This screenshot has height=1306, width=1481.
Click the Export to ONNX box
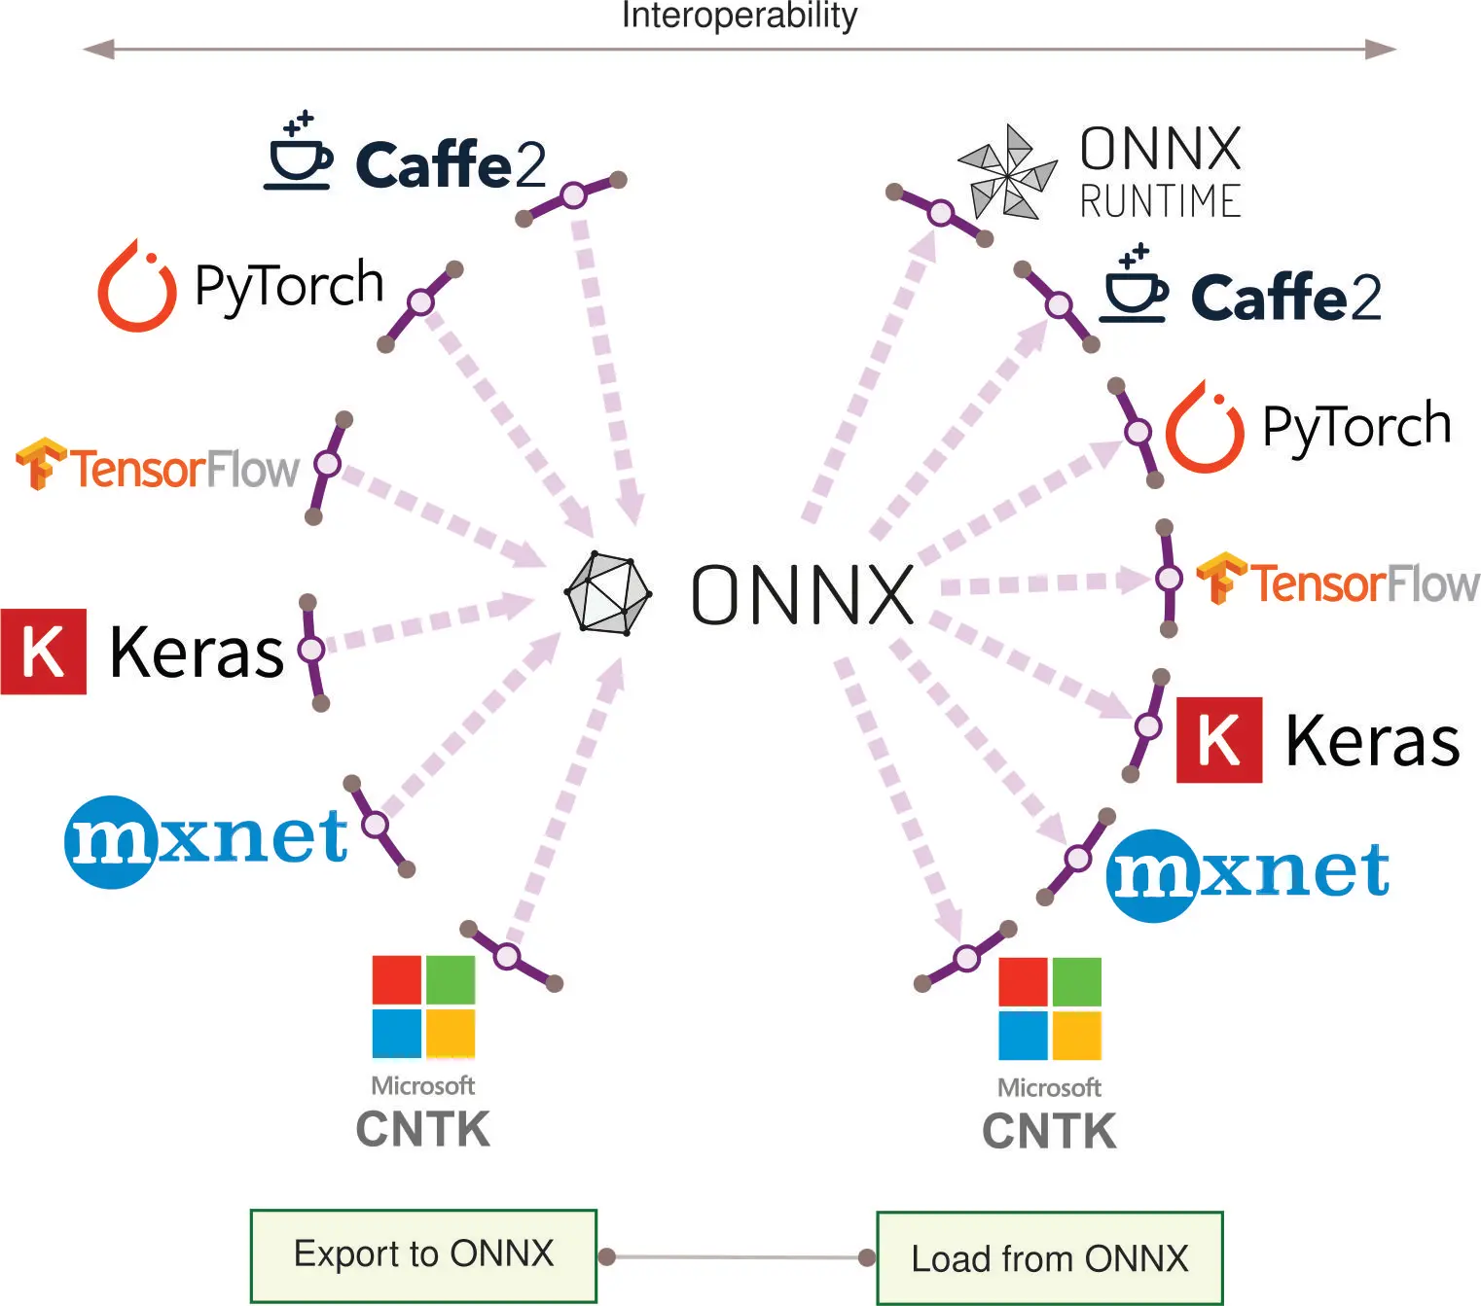click(423, 1254)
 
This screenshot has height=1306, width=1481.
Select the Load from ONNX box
click(1049, 1258)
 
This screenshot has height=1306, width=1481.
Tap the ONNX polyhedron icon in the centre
click(608, 593)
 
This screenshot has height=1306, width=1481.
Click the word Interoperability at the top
click(740, 16)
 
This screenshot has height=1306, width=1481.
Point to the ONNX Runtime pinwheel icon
click(1007, 172)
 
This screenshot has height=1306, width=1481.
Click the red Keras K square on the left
click(44, 652)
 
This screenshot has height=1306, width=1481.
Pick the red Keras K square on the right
click(1219, 740)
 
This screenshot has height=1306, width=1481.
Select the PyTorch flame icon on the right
click(1205, 428)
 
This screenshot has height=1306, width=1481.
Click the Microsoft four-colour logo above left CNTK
click(423, 1006)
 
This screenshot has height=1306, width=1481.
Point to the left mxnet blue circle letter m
click(110, 842)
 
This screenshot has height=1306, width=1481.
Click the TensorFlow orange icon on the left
click(40, 464)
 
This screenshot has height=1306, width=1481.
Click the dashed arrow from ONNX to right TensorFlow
click(1041, 583)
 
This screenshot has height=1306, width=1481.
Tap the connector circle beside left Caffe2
click(574, 195)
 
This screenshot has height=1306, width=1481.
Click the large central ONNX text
click(803, 594)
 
